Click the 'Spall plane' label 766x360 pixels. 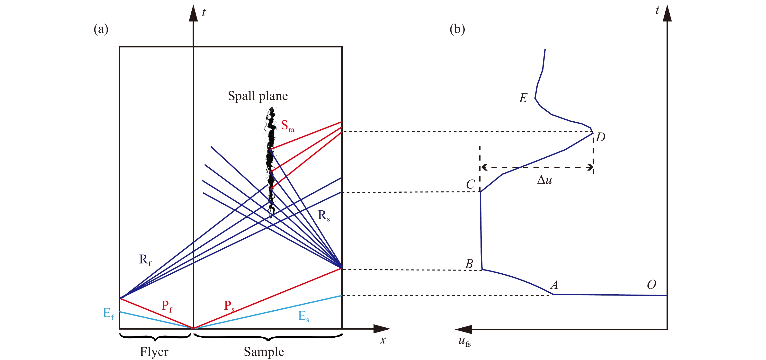click(x=258, y=96)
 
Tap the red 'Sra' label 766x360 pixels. click(x=287, y=126)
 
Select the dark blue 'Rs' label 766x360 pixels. click(x=323, y=216)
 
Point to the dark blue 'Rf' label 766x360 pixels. click(x=145, y=260)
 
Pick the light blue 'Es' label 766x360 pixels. click(x=303, y=316)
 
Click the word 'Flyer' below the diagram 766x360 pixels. click(x=154, y=352)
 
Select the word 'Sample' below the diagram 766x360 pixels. click(x=264, y=352)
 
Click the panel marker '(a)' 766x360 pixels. click(x=101, y=29)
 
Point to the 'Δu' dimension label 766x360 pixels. click(x=544, y=180)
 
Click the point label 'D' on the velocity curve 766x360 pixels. click(x=600, y=137)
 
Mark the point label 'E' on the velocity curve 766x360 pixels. click(x=523, y=98)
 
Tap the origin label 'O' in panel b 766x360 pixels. click(x=651, y=285)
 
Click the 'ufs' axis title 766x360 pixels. click(x=464, y=342)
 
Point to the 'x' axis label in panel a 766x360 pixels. click(x=383, y=340)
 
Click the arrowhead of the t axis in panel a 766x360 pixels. click(x=193, y=13)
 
